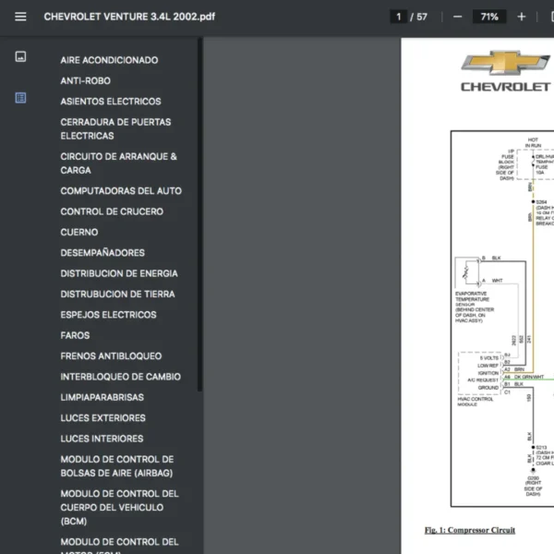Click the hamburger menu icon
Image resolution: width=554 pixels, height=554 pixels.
(x=20, y=17)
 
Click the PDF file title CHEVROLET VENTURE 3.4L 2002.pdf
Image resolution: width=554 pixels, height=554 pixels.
(x=129, y=17)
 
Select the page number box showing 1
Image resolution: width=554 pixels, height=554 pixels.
(x=399, y=17)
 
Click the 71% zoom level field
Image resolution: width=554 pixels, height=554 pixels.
(x=488, y=17)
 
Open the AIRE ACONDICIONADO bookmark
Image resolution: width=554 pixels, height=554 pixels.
(x=109, y=60)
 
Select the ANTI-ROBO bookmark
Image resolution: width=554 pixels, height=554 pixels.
(x=85, y=80)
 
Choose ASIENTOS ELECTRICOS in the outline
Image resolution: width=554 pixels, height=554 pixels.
(x=110, y=102)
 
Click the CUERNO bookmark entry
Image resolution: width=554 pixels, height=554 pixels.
(x=78, y=232)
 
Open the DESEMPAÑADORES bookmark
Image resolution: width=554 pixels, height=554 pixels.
(x=102, y=253)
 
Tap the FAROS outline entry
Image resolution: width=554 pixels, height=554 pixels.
(x=75, y=335)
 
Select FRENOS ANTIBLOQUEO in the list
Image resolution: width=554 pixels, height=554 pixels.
(x=111, y=356)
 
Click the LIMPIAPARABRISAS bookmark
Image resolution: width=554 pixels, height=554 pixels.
(x=102, y=397)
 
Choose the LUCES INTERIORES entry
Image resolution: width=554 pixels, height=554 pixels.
(x=102, y=439)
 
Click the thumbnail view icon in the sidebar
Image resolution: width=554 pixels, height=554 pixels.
(x=20, y=57)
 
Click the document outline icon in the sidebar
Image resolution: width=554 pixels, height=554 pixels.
(x=20, y=98)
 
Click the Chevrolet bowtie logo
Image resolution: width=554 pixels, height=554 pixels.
(x=505, y=63)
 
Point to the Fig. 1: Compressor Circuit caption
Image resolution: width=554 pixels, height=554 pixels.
(x=470, y=530)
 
